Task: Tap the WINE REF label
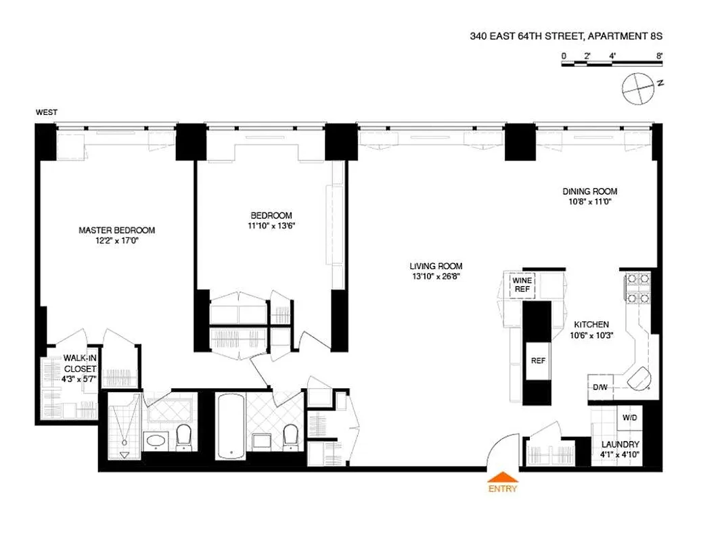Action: pos(521,284)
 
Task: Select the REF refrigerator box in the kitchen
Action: pos(538,360)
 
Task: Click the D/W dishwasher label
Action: pos(600,387)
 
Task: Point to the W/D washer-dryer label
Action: pos(629,418)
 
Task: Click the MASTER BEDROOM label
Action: pos(116,231)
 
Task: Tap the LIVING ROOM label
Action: pos(436,266)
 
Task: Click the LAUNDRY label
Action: pos(620,444)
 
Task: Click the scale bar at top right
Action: pos(611,64)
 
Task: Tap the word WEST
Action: pos(47,112)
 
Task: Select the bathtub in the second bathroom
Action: pos(229,426)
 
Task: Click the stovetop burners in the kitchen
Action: pos(637,288)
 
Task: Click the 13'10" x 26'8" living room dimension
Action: pos(436,276)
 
